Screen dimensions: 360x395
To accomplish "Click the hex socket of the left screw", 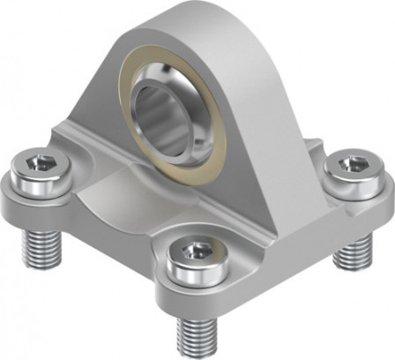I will [39, 161].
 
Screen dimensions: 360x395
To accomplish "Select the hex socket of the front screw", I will [193, 251].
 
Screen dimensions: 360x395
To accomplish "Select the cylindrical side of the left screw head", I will [39, 179].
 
